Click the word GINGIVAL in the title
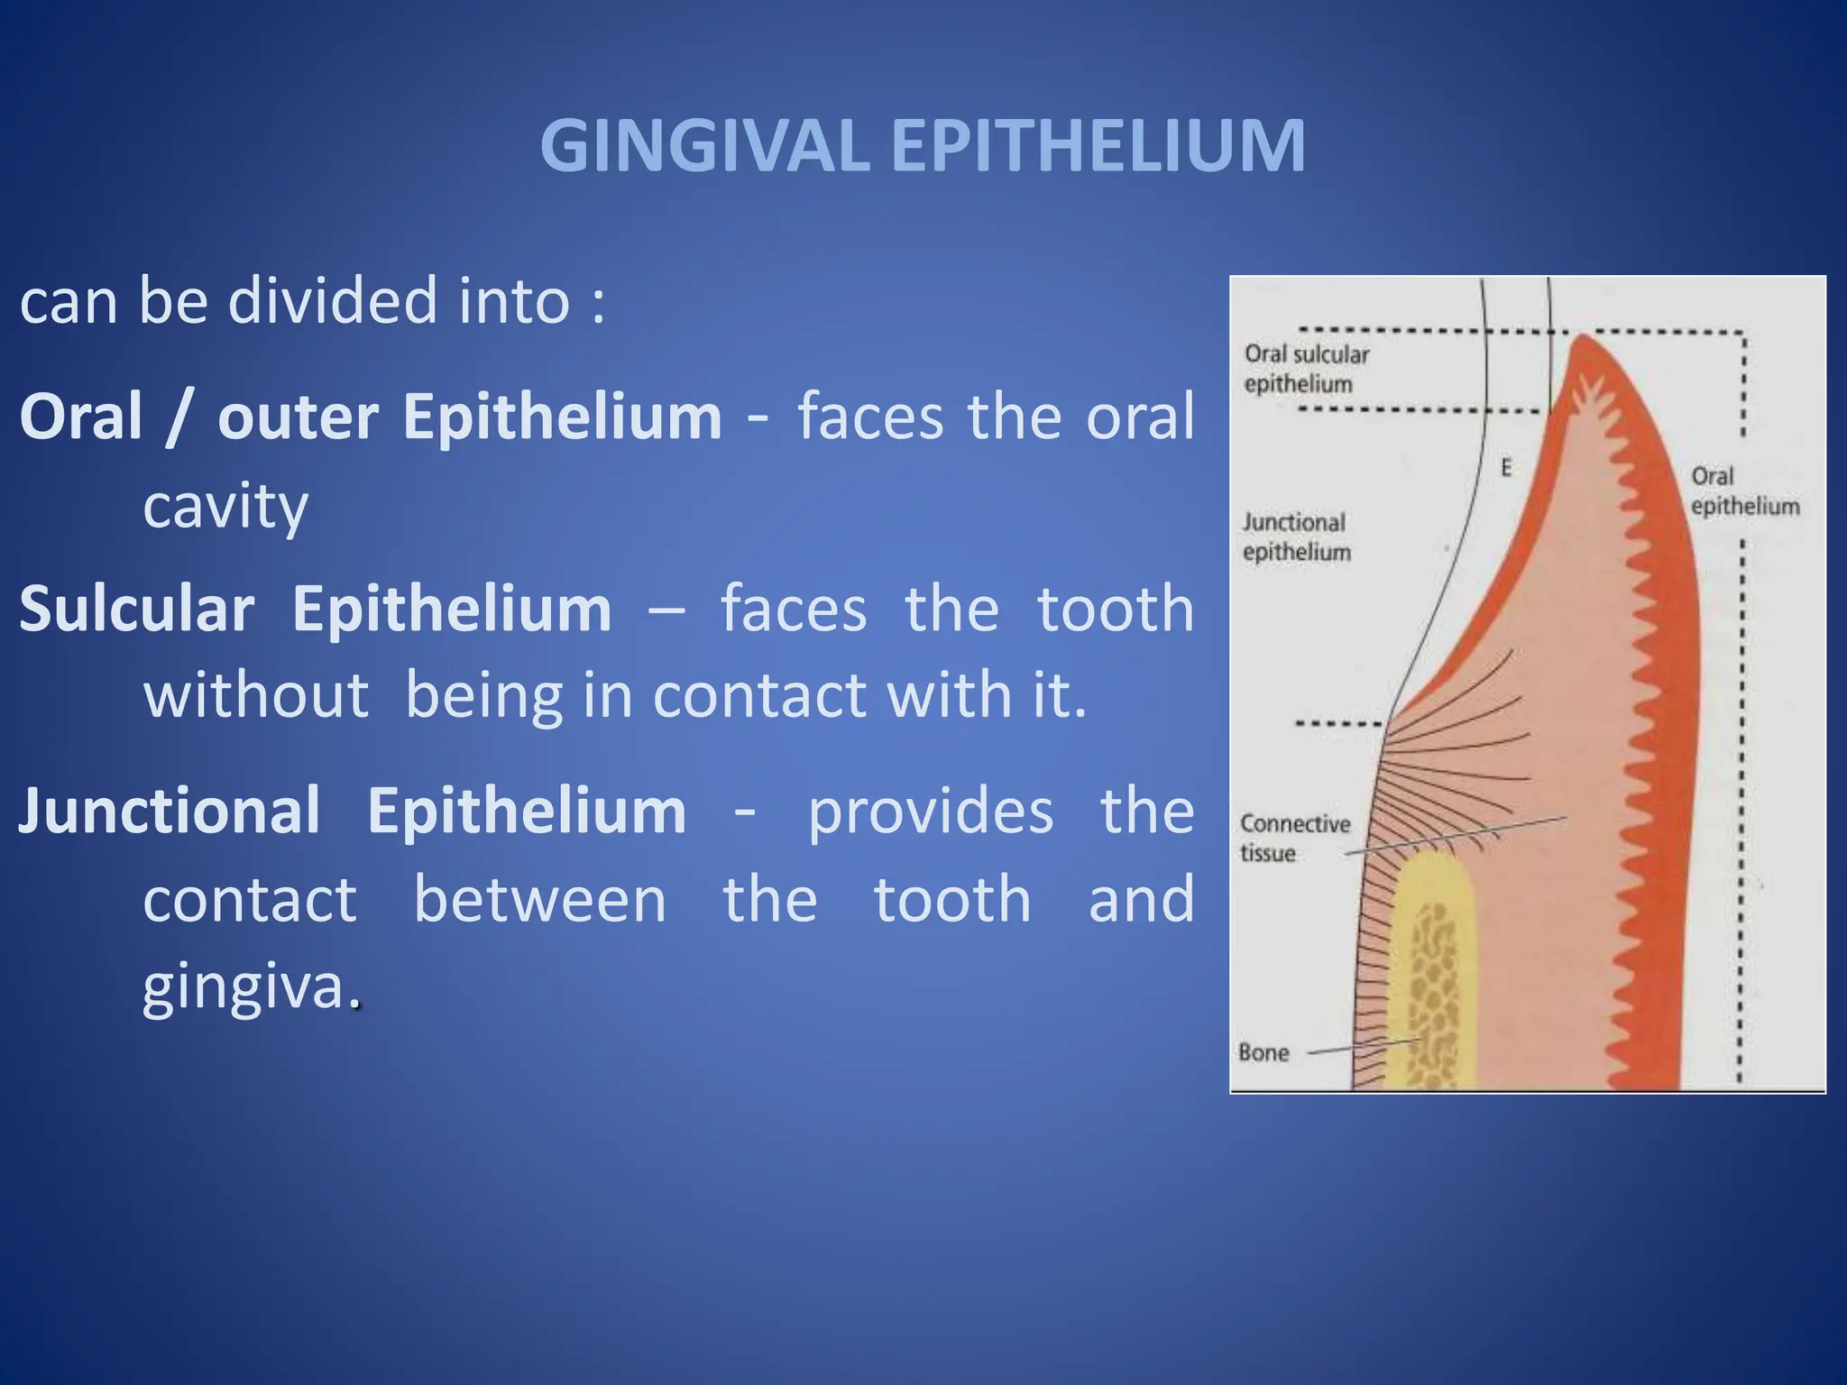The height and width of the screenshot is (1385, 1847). click(703, 146)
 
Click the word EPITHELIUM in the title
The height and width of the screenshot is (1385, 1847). click(1098, 146)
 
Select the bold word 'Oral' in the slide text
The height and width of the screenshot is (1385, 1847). click(81, 417)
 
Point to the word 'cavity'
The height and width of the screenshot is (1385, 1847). click(225, 506)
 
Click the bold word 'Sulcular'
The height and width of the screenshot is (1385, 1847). click(136, 610)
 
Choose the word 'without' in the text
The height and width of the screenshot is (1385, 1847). click(256, 695)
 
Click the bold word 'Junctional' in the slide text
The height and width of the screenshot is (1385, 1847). click(170, 811)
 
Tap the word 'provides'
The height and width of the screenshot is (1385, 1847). click(930, 811)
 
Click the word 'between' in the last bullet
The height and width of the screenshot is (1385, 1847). click(539, 899)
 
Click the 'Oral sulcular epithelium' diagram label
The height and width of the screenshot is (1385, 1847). click(1305, 369)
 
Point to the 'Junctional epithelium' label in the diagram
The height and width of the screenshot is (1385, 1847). click(1295, 537)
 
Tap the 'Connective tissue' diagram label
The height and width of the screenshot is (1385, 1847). click(1293, 837)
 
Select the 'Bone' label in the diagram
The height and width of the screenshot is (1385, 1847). click(1263, 1052)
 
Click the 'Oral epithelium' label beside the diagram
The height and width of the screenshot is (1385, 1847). click(1743, 491)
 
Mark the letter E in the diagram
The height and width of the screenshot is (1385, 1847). click(1505, 468)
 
